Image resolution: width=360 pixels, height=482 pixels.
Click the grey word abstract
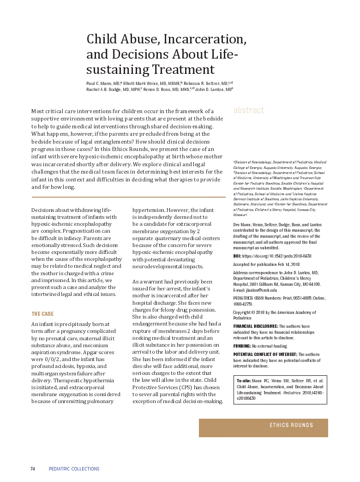click(x=249, y=110)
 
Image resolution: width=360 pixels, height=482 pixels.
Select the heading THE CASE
click(x=42, y=314)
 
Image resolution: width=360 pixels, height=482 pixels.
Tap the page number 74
click(x=33, y=469)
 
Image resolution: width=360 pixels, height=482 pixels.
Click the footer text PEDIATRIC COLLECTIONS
click(x=74, y=469)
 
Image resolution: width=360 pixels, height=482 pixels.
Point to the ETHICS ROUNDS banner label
click(x=291, y=425)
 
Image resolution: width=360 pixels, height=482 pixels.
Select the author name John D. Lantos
click(x=212, y=90)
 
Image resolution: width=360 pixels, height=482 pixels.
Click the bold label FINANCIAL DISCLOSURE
click(x=255, y=326)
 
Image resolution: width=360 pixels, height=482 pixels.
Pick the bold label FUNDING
click(x=242, y=346)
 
